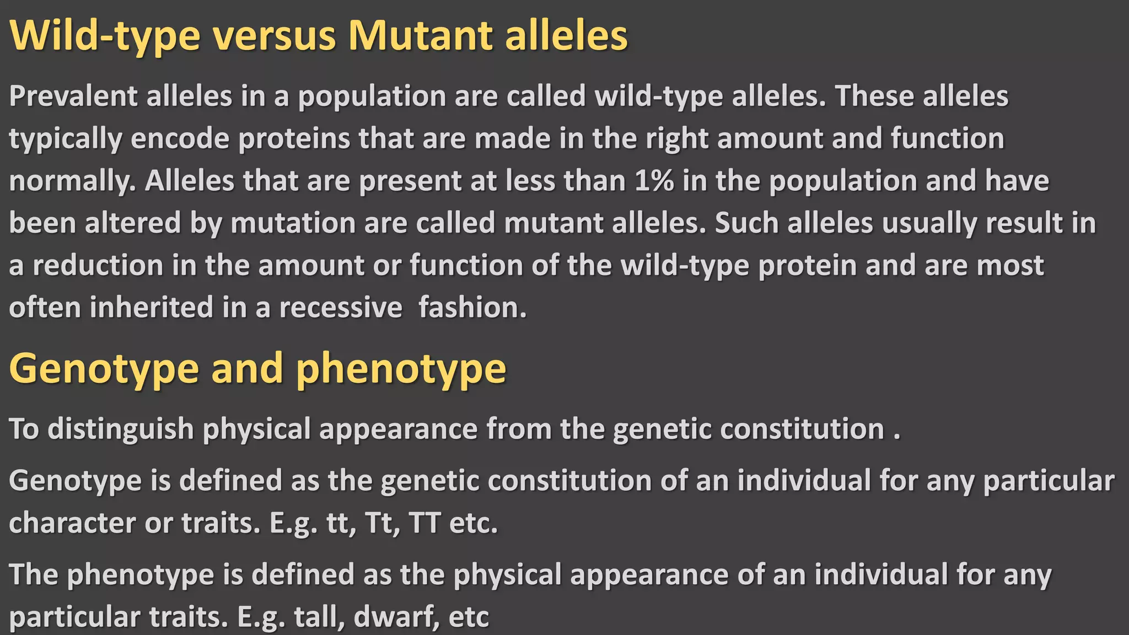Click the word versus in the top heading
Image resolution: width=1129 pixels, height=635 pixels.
[x=274, y=36]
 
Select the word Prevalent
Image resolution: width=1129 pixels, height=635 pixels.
[x=73, y=96]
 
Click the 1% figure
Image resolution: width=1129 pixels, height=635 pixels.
[x=654, y=181]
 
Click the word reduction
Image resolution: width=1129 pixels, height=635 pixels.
[x=98, y=266]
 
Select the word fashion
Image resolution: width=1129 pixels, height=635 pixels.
[x=472, y=308]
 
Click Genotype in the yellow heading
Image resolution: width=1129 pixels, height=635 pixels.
[x=104, y=369]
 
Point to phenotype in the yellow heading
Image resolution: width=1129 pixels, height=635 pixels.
[x=401, y=369]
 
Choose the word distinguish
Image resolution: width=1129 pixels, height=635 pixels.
[x=121, y=429]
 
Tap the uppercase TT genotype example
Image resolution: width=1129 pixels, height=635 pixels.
[x=425, y=523]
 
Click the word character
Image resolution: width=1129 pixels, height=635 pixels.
[x=72, y=523]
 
